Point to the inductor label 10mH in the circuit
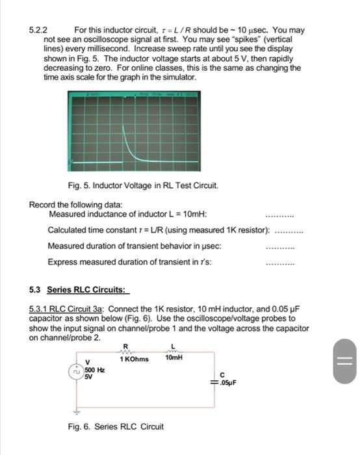[174, 358]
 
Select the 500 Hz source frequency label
[93, 370]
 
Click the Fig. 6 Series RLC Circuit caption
[116, 427]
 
